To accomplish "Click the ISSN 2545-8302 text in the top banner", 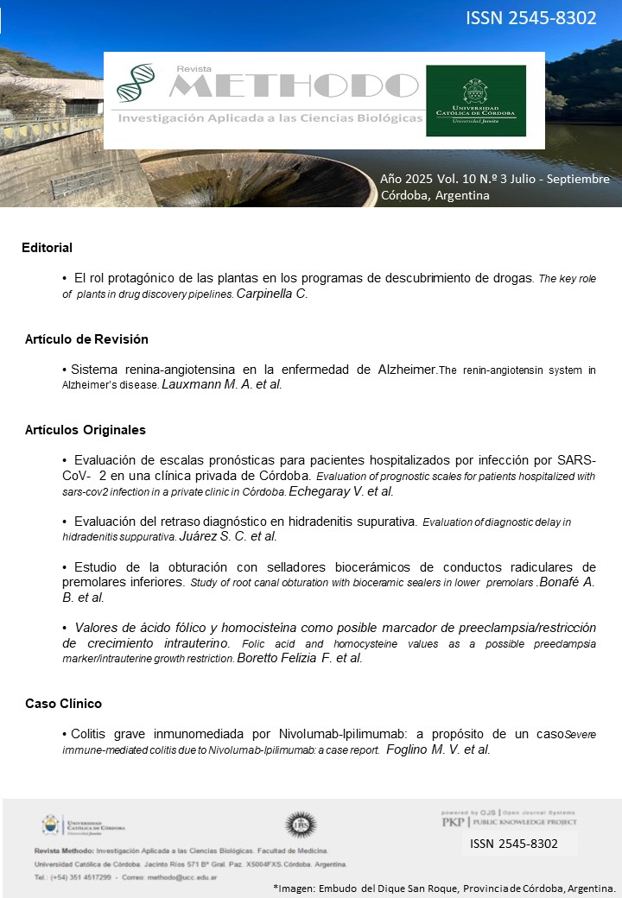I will (531, 17).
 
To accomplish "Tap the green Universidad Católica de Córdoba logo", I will (475, 100).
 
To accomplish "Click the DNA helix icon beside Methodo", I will (136, 84).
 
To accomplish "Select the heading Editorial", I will (47, 248).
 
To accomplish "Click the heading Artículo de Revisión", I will (86, 338).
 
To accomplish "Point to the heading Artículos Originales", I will (85, 429).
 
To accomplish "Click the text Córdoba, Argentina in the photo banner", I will (435, 195).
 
